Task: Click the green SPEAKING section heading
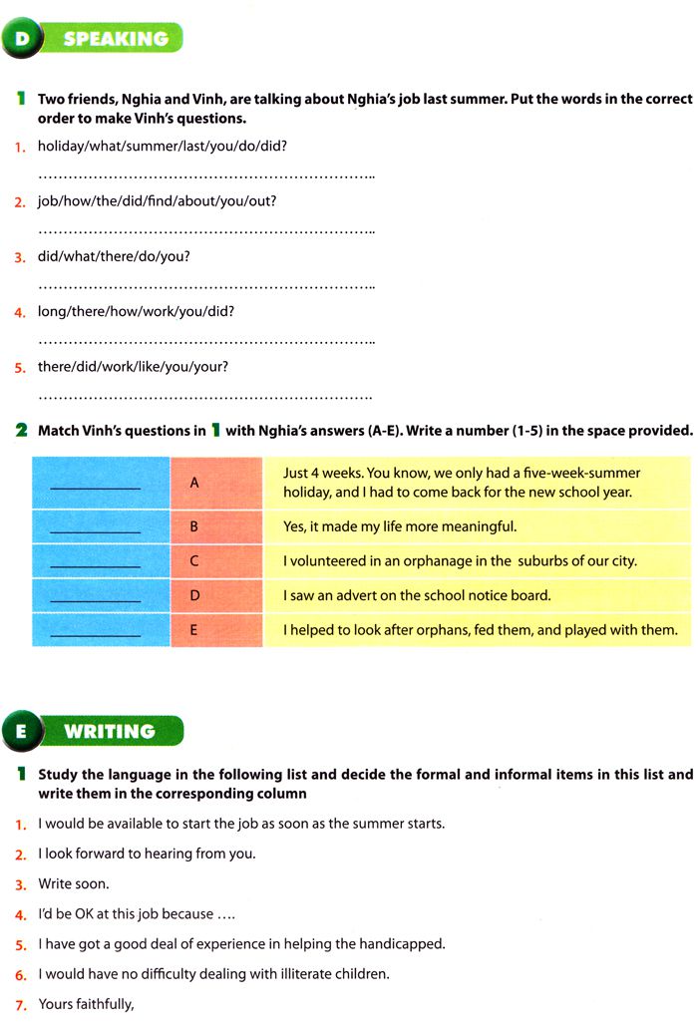pyautogui.click(x=115, y=39)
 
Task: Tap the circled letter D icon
pyautogui.click(x=22, y=39)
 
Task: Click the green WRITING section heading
pyautogui.click(x=110, y=731)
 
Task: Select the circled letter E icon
pyautogui.click(x=22, y=731)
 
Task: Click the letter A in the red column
pyautogui.click(x=195, y=483)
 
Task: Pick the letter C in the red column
pyautogui.click(x=195, y=560)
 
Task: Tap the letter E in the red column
pyautogui.click(x=195, y=630)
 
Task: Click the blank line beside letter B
pyautogui.click(x=95, y=529)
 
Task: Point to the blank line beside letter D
pyautogui.click(x=95, y=599)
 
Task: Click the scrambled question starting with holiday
pyautogui.click(x=163, y=146)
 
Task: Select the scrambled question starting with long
pyautogui.click(x=136, y=311)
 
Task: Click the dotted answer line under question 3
pyautogui.click(x=205, y=285)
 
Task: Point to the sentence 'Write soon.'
pyautogui.click(x=74, y=883)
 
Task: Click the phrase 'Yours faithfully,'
pyautogui.click(x=86, y=1003)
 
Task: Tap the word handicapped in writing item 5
pyautogui.click(x=404, y=943)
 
